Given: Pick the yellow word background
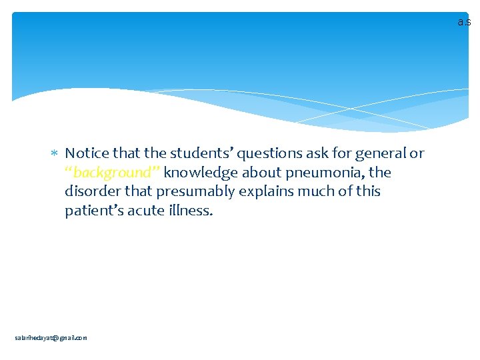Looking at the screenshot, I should click(x=112, y=173).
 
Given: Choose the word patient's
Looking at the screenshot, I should click(x=93, y=211).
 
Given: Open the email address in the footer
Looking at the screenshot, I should click(x=51, y=338).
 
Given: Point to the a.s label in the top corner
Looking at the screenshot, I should click(x=464, y=22).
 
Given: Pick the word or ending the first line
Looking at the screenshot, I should click(x=417, y=154).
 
